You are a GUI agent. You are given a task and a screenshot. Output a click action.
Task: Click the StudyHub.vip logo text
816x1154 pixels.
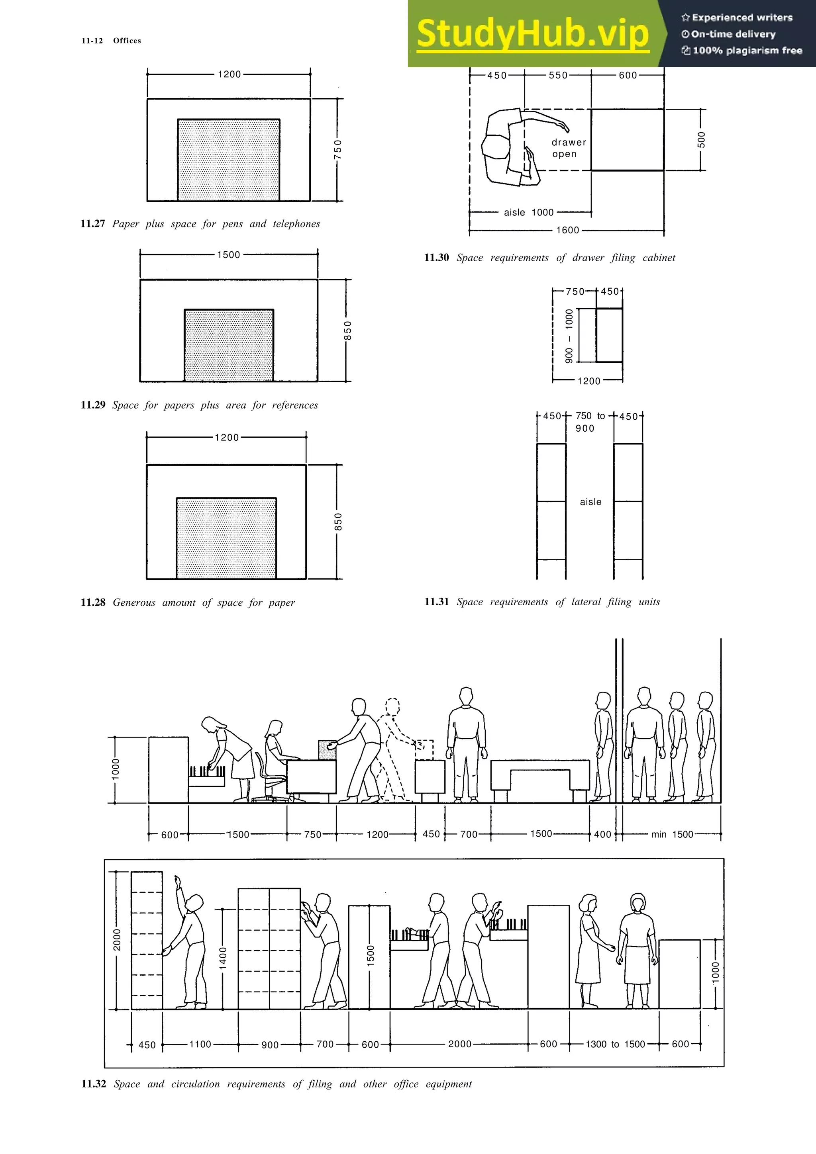point(533,34)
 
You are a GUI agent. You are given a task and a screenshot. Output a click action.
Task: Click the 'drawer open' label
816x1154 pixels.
point(568,148)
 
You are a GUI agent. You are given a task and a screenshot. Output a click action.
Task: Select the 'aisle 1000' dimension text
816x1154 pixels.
point(528,213)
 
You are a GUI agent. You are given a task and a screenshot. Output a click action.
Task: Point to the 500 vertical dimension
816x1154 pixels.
point(701,140)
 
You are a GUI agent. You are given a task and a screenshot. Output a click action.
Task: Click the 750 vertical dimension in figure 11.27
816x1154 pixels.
point(338,149)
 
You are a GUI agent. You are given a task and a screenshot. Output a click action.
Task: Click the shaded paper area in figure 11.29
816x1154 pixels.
point(229,345)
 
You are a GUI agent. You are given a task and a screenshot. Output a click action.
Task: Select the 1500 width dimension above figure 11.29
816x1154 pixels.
point(229,255)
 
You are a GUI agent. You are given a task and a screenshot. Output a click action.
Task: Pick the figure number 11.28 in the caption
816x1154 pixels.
point(93,602)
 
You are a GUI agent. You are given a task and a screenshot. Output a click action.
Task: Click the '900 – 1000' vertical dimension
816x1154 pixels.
point(569,336)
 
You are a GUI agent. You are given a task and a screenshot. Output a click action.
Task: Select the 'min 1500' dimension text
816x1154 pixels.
point(672,834)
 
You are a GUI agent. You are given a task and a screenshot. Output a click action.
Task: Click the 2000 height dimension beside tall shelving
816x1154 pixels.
point(117,940)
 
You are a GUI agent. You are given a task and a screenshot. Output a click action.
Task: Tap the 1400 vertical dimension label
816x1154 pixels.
point(223,957)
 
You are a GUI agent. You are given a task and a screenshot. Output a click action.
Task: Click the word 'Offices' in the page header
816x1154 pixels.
point(127,41)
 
